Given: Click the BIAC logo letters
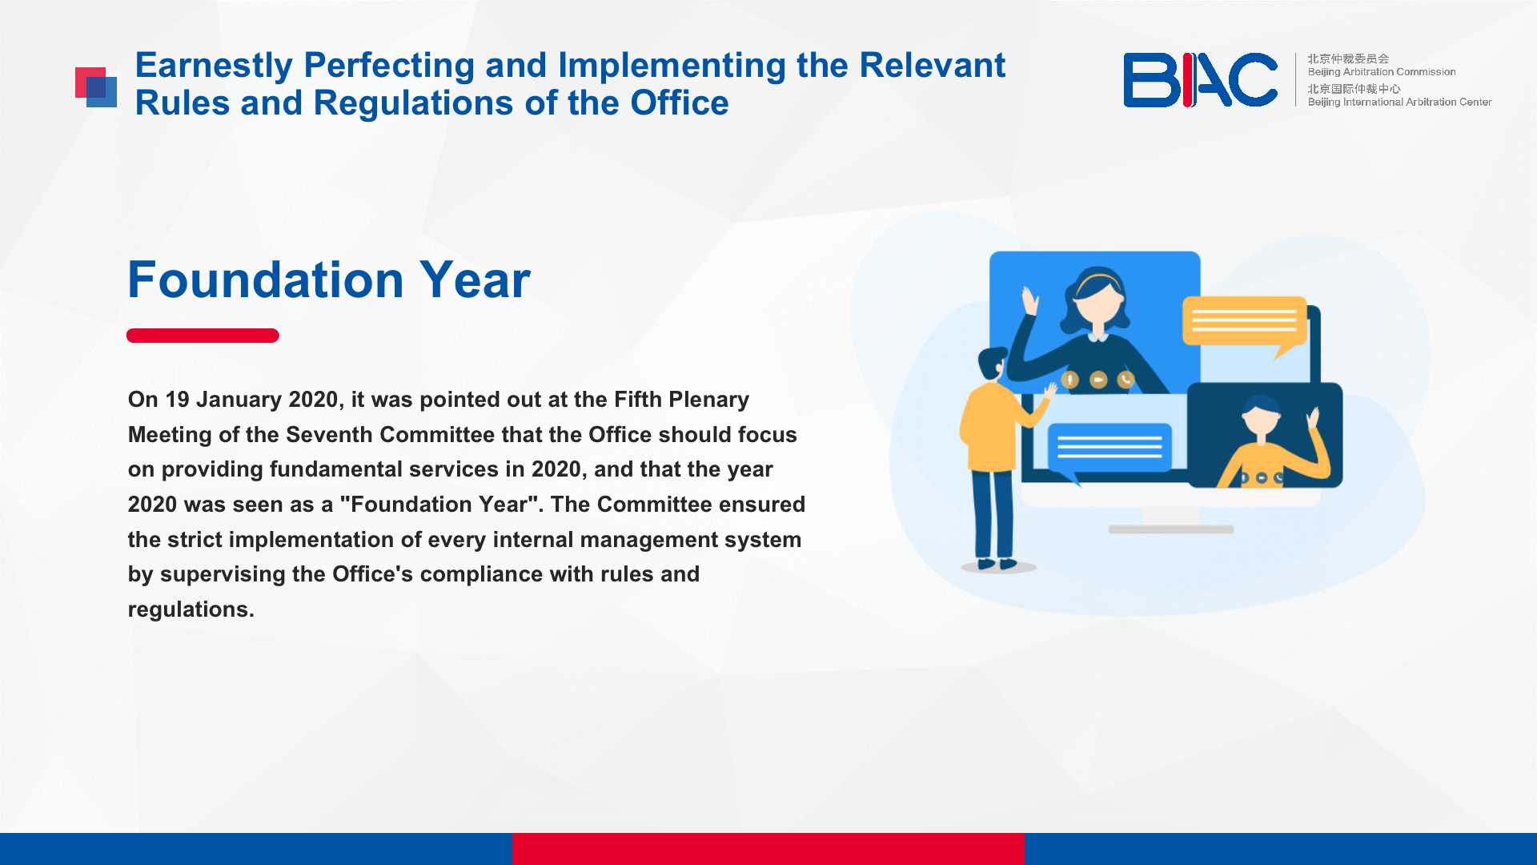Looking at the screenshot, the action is [x=1200, y=79].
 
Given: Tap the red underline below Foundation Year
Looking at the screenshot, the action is [x=203, y=336].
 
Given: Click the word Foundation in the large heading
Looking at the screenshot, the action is [x=266, y=280].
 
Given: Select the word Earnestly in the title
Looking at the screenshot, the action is [x=214, y=65].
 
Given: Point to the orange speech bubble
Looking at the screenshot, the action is [x=1244, y=324].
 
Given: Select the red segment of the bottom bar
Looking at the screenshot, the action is [x=768, y=849].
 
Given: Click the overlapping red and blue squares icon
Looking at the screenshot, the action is [x=96, y=86].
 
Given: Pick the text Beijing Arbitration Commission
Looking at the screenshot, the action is [x=1382, y=72].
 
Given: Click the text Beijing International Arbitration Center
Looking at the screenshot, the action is [x=1399, y=103].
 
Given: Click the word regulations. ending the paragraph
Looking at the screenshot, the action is [x=191, y=610].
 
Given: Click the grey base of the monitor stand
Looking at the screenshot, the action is [x=1171, y=529].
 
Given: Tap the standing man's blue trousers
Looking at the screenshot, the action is [x=993, y=513].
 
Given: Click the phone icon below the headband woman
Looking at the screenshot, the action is [x=1126, y=380].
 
